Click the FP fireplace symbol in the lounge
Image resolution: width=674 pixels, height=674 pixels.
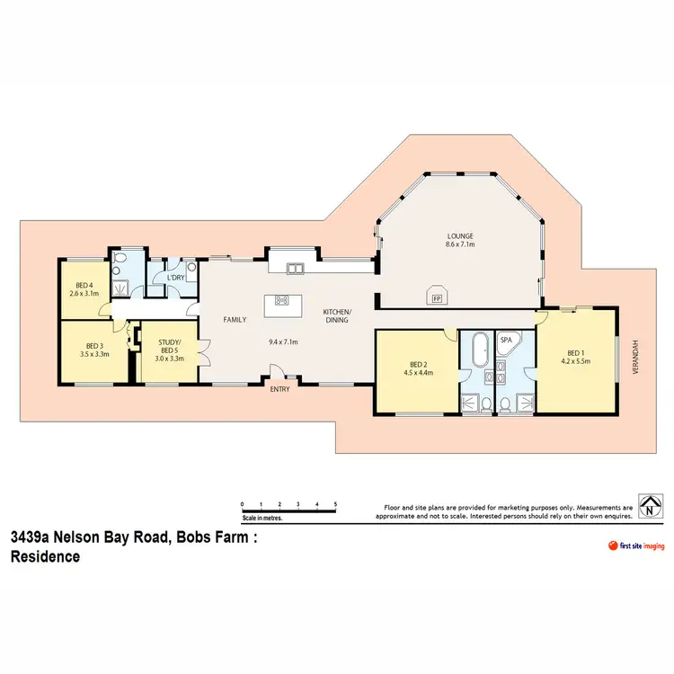point(437,297)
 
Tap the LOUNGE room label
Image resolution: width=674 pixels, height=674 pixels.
point(460,237)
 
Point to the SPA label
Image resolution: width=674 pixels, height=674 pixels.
point(506,340)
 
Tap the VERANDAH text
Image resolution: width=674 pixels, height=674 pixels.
point(636,359)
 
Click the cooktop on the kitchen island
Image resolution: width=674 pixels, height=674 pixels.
point(281,300)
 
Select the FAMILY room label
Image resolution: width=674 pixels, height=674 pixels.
point(235,319)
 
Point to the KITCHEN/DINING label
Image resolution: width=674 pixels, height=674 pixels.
point(338,315)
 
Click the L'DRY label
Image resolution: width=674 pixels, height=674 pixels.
point(175,278)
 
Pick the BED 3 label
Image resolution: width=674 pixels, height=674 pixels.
point(94,346)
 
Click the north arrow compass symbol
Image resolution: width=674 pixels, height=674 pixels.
point(650,506)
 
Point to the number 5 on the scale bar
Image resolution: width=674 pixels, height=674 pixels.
point(335,504)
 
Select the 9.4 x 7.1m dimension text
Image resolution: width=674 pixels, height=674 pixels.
point(283,341)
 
